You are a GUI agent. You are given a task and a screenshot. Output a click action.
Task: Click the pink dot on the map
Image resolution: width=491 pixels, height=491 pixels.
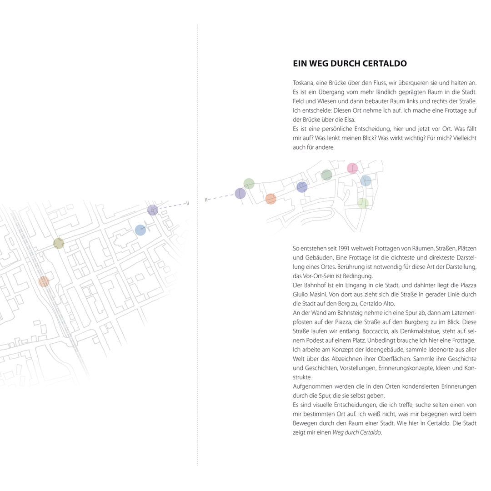[352, 168]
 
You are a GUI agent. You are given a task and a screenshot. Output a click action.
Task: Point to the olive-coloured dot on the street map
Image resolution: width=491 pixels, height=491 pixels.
[59, 243]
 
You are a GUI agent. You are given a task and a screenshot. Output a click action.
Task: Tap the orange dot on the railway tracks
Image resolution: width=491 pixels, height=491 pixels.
[43, 281]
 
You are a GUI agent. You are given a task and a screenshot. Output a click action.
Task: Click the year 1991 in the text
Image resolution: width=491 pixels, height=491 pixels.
[350, 249]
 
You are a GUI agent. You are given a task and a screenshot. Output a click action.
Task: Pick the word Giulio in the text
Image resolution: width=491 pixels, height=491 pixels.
[301, 295]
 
